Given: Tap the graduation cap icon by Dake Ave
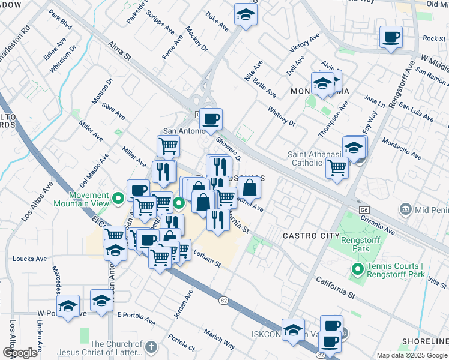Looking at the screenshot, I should click(x=246, y=15).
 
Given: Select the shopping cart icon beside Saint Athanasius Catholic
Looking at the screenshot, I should click(x=337, y=168).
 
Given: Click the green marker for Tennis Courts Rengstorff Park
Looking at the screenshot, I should click(x=358, y=269).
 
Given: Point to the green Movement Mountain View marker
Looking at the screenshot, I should click(x=118, y=196).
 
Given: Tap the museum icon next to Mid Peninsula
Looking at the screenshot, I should click(x=406, y=209).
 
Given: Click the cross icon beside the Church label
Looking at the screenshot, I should click(x=151, y=347).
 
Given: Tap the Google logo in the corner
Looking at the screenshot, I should click(x=20, y=353).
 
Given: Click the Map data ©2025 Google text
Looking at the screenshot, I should click(x=411, y=355).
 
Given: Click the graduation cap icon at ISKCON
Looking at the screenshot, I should click(x=293, y=331).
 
